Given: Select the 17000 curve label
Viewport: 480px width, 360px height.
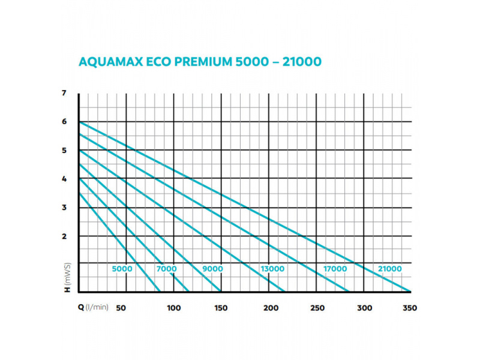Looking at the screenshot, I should click(335, 269).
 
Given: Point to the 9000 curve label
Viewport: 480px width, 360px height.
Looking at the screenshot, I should click(212, 269).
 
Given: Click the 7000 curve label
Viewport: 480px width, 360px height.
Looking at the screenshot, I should click(167, 269).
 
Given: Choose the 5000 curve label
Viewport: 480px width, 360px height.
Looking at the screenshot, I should click(122, 269).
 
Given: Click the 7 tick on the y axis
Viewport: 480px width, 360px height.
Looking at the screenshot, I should click(64, 93).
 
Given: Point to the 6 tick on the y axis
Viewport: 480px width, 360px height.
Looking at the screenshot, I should click(64, 122).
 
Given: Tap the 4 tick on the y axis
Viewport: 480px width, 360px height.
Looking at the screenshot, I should click(64, 179).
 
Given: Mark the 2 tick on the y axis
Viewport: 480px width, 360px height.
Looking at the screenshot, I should click(64, 236).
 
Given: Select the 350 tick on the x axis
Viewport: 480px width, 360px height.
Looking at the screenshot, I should click(410, 308).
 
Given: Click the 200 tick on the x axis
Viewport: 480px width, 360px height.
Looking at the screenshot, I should click(271, 308).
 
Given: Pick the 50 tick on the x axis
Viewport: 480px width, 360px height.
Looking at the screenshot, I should click(120, 308).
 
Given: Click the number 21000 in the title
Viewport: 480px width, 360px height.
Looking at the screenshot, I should click(302, 62).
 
